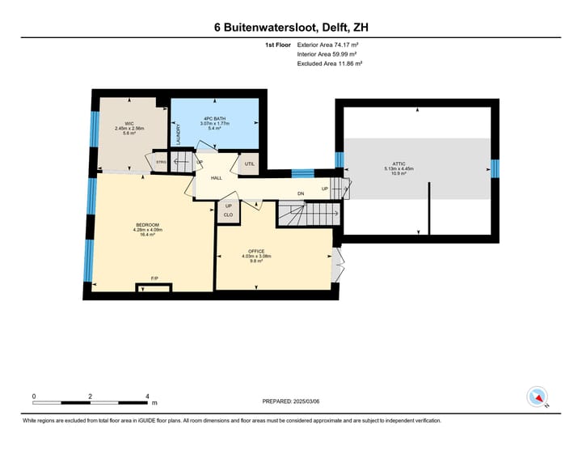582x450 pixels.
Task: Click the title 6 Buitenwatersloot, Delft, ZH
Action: [x=291, y=28]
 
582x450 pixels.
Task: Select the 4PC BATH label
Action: [x=214, y=118]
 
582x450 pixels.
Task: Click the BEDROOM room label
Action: [x=147, y=224]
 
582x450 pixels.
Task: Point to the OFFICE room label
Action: [x=256, y=251]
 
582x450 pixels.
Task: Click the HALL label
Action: [x=217, y=177]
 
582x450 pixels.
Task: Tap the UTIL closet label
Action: [x=250, y=163]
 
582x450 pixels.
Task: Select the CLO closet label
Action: [x=228, y=215]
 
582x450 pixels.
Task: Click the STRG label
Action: [x=161, y=162]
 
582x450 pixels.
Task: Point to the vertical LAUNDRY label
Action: [x=179, y=134]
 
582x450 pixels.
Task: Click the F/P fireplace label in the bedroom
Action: [x=154, y=278]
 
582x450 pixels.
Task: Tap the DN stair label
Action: [x=300, y=193]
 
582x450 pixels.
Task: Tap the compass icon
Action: [x=537, y=397]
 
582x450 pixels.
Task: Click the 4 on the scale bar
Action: [x=147, y=397]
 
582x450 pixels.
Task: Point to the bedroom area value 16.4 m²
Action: [x=147, y=235]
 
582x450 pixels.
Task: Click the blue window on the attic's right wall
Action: [x=496, y=169]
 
